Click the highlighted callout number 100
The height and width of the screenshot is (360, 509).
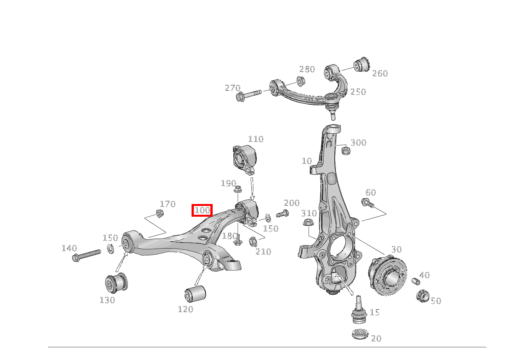[202, 210]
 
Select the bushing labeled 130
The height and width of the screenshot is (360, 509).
[116, 283]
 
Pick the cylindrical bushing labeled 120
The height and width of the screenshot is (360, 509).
[195, 294]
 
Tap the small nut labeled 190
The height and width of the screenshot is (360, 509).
[238, 189]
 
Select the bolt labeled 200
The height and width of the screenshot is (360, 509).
[282, 214]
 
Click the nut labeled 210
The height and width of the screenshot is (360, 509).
[253, 241]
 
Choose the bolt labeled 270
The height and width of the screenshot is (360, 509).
[248, 94]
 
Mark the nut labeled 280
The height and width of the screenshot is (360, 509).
[301, 81]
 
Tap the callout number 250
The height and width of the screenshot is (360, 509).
[358, 92]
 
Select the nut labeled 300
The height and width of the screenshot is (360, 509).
[345, 151]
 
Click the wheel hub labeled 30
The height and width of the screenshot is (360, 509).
[387, 276]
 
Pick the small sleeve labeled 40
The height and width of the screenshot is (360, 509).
[416, 282]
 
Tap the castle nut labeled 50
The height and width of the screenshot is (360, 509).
[422, 296]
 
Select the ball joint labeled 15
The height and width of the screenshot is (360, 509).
[359, 310]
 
